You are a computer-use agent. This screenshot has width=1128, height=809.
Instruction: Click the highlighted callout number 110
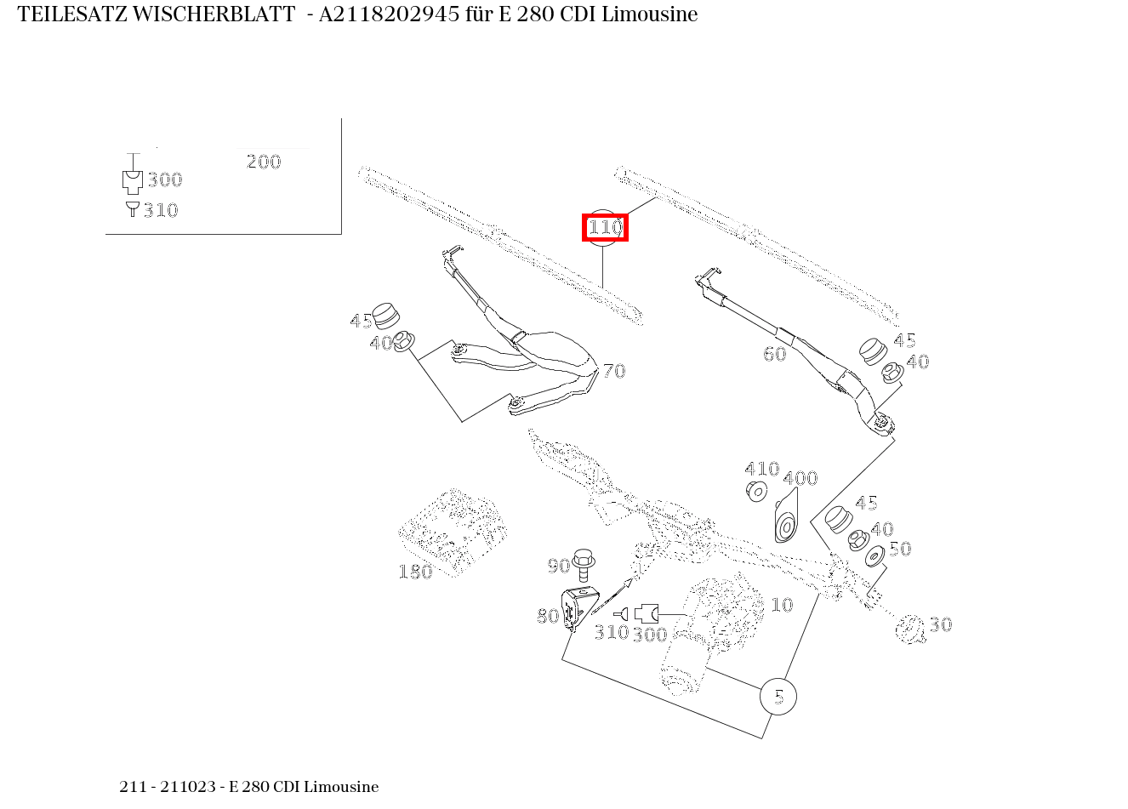(x=605, y=228)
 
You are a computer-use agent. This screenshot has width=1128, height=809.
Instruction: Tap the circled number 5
(x=778, y=697)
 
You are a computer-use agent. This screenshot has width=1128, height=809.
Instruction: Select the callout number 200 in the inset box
(x=264, y=162)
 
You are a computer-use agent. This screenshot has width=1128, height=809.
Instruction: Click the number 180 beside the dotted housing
(x=415, y=572)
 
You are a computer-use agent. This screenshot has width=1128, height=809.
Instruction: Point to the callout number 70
(x=614, y=371)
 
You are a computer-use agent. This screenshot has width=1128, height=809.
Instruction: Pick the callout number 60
(x=775, y=354)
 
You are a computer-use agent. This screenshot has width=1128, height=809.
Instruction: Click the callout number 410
(x=761, y=469)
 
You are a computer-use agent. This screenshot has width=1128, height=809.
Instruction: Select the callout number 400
(x=800, y=478)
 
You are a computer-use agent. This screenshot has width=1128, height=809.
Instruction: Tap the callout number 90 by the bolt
(x=558, y=567)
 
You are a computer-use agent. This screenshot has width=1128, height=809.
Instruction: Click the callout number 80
(x=548, y=616)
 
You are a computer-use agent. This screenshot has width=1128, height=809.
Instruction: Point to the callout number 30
(x=940, y=624)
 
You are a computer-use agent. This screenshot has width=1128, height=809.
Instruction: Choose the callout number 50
(x=899, y=549)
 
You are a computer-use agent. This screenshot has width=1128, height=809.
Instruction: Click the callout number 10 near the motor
(x=781, y=605)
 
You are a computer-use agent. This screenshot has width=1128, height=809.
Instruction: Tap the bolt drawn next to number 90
(x=584, y=561)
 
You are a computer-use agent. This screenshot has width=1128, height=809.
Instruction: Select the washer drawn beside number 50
(x=874, y=558)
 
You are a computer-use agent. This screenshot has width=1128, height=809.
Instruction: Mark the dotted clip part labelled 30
(x=910, y=629)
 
